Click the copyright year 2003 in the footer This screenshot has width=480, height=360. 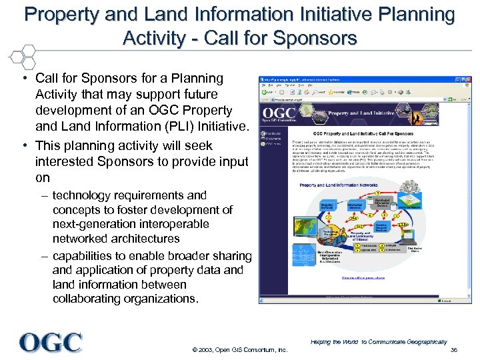[205, 350]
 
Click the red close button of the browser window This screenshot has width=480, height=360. [468, 80]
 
